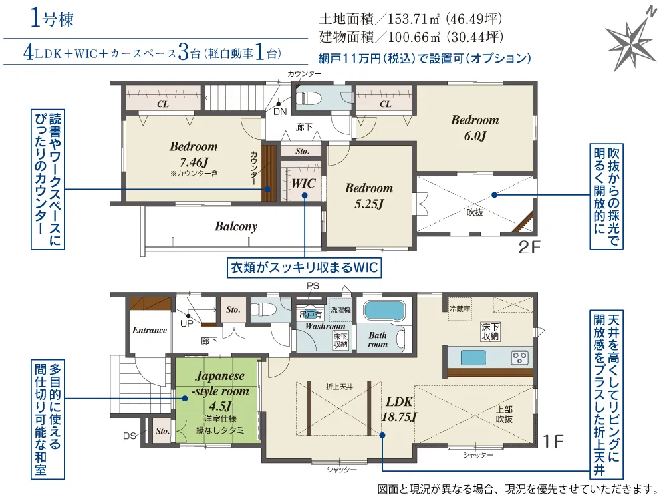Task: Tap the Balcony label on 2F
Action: coord(236,226)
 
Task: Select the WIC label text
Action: coord(304,184)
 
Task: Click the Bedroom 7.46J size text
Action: coord(194,162)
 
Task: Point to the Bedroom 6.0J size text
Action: coord(475,136)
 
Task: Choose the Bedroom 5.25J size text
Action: coord(369,204)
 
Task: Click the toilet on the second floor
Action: coord(309,98)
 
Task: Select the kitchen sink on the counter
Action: coord(473,358)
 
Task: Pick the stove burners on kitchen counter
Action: coord(520,358)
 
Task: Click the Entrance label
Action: coord(149,330)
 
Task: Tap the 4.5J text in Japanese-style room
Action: coord(220,405)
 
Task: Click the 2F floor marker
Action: coord(529,248)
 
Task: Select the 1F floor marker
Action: coord(553,442)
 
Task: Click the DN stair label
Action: coord(280,112)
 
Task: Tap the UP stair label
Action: coord(187,324)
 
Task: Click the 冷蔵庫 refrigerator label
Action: coord(460,309)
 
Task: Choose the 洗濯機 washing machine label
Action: coord(340,310)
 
